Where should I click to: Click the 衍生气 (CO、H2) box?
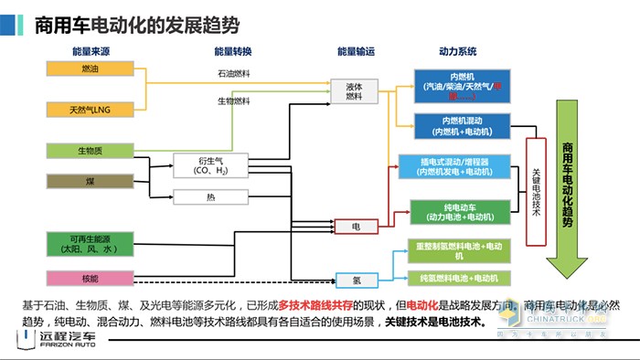point(210,165)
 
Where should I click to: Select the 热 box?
point(210,196)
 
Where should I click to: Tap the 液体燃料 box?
point(354,91)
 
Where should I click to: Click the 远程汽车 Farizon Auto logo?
point(55,341)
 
